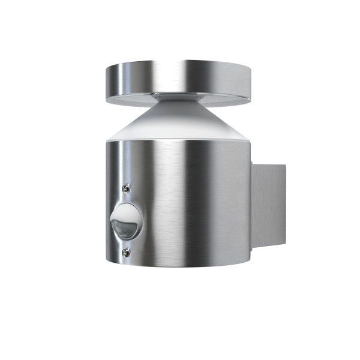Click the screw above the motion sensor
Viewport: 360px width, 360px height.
click(x=125, y=188)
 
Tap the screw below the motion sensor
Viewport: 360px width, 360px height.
click(x=125, y=253)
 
